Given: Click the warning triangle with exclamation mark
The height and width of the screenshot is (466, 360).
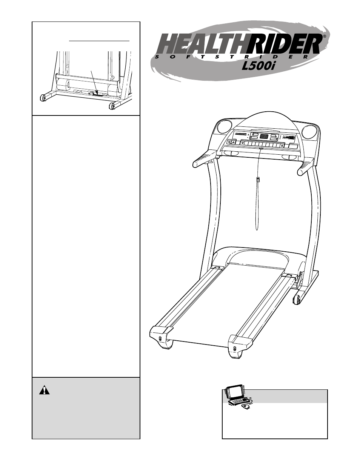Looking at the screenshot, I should click(45, 390).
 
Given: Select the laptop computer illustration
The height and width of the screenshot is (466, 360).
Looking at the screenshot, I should click(235, 395).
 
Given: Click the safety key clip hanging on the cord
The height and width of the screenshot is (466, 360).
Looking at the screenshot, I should click(258, 180).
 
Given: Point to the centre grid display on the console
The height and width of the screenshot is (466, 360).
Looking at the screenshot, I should click(264, 136).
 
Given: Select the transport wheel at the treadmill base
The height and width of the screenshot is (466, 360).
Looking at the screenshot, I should click(297, 299).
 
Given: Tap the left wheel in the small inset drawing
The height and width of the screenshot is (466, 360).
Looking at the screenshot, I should click(43, 98).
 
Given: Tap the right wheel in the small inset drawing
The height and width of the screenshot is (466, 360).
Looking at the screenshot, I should click(112, 106).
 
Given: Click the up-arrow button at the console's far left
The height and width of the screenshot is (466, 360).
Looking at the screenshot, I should click(233, 143).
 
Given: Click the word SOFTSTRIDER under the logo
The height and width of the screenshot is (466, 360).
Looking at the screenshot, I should click(234, 57).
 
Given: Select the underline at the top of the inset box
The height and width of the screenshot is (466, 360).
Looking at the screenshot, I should click(99, 40).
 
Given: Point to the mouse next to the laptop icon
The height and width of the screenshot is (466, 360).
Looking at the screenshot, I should click(246, 407).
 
